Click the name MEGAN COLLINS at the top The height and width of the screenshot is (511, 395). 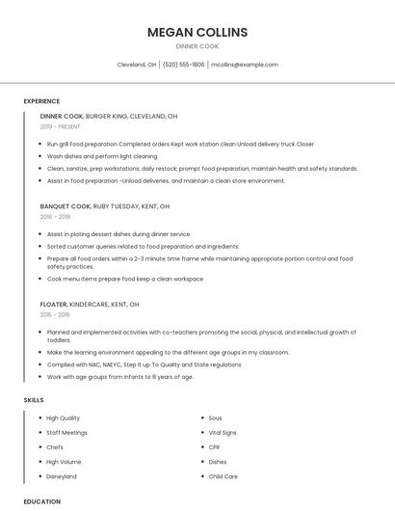click(x=197, y=32)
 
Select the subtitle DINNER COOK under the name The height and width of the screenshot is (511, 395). click(x=197, y=46)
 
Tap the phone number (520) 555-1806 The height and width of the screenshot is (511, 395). click(x=183, y=65)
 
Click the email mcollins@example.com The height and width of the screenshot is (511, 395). click(x=245, y=65)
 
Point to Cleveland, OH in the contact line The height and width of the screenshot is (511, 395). click(x=137, y=65)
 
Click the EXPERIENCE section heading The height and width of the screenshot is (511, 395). click(x=41, y=101)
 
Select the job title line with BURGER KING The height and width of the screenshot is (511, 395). click(x=109, y=116)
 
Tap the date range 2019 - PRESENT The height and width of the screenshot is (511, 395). click(x=62, y=126)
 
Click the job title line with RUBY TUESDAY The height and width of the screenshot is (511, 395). click(x=105, y=206)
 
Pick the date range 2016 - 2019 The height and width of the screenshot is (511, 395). click(x=55, y=217)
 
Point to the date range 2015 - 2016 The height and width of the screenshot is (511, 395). click(x=55, y=314)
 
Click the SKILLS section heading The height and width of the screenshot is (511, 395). click(x=34, y=399)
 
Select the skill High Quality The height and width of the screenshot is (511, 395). click(x=64, y=418)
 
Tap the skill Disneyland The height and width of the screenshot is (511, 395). click(x=62, y=476)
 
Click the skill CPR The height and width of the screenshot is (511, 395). click(x=214, y=447)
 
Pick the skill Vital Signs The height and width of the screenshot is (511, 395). click(x=222, y=433)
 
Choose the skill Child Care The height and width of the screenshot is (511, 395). click(x=223, y=476)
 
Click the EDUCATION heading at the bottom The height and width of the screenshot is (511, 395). click(x=41, y=501)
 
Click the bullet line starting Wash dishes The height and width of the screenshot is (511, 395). click(x=102, y=156)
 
